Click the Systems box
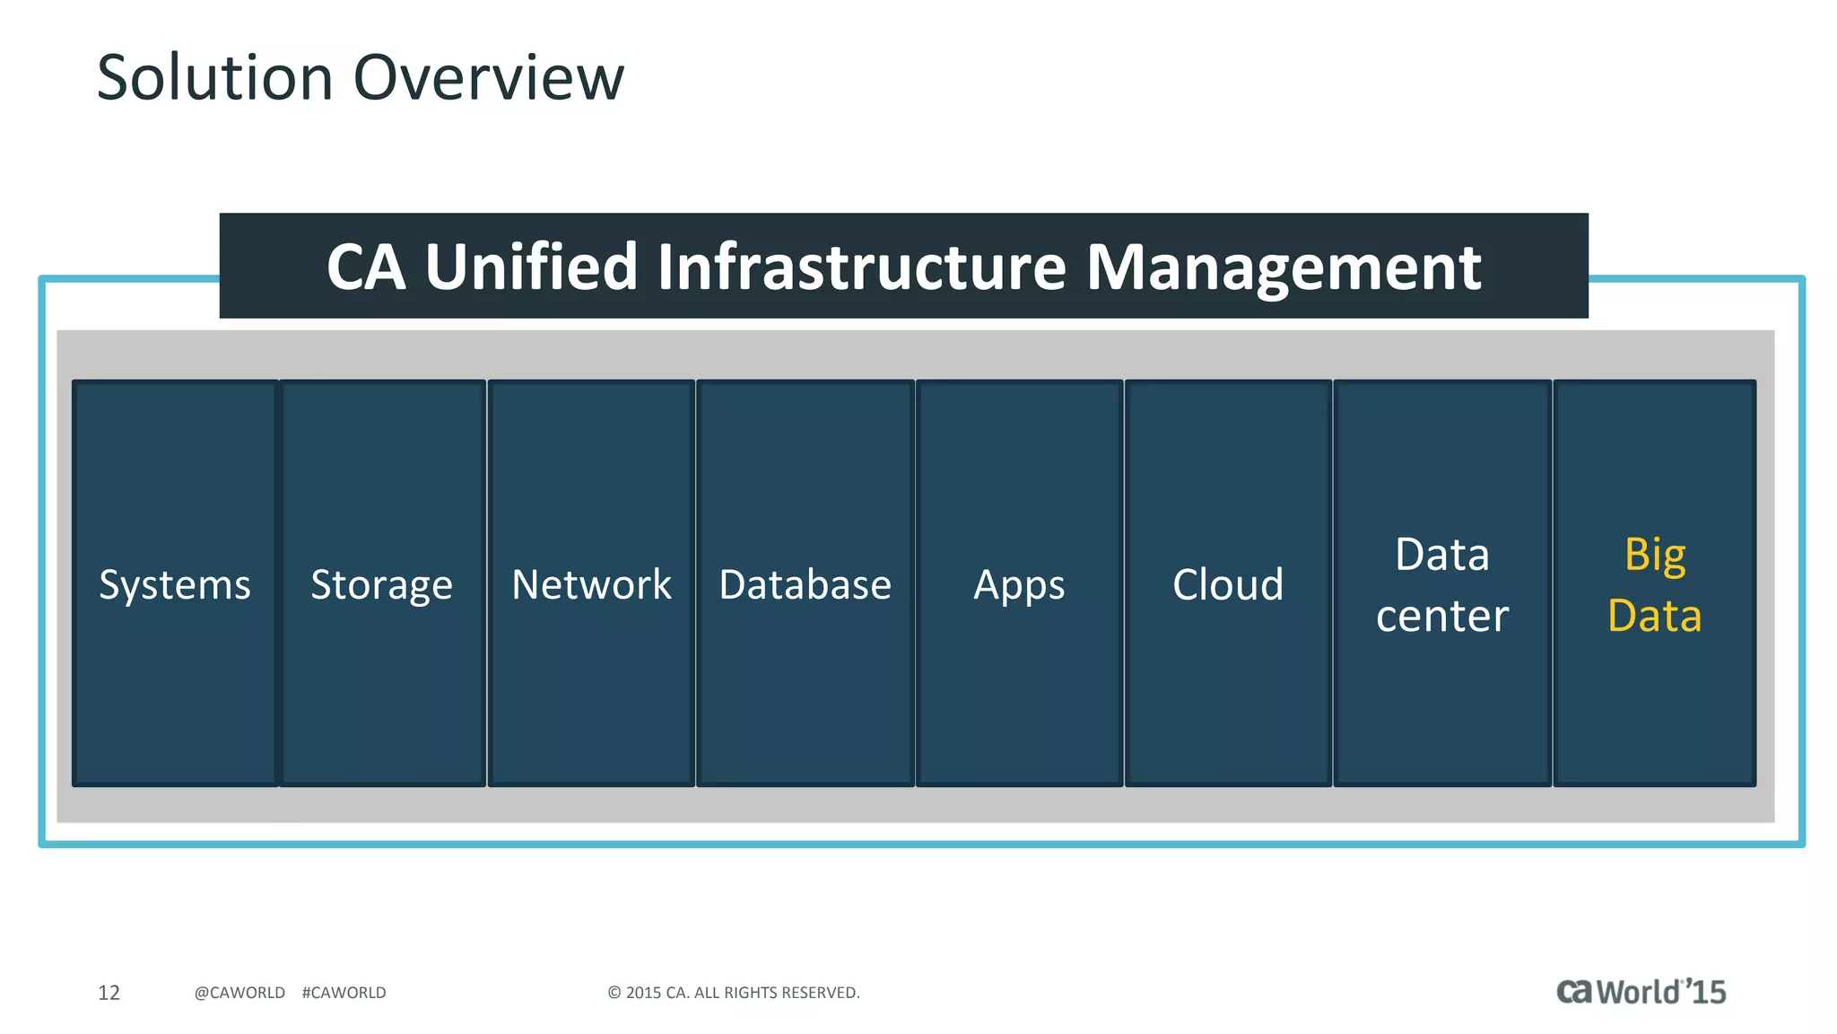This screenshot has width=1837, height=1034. click(x=175, y=583)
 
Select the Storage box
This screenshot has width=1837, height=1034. click(x=382, y=583)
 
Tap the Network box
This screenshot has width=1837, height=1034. click(x=591, y=583)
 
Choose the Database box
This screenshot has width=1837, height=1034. click(x=805, y=583)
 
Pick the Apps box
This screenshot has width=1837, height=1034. click(x=1019, y=583)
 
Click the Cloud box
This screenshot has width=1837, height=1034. click(x=1228, y=583)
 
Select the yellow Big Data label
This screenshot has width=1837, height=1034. click(x=1655, y=585)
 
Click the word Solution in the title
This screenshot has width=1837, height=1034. click(x=215, y=77)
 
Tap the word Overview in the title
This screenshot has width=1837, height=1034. click(x=489, y=77)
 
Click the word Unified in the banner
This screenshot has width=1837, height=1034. click(x=531, y=267)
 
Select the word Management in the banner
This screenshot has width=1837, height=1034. click(x=1284, y=267)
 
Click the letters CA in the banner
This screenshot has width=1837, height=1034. click(x=366, y=267)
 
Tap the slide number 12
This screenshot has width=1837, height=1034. click(x=109, y=992)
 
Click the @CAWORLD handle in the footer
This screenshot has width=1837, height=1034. click(x=239, y=992)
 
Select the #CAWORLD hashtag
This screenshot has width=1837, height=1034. click(x=344, y=992)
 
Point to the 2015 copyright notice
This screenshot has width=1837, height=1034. click(x=734, y=992)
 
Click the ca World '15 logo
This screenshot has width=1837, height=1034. click(x=1641, y=991)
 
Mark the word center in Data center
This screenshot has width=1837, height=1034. click(x=1441, y=616)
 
